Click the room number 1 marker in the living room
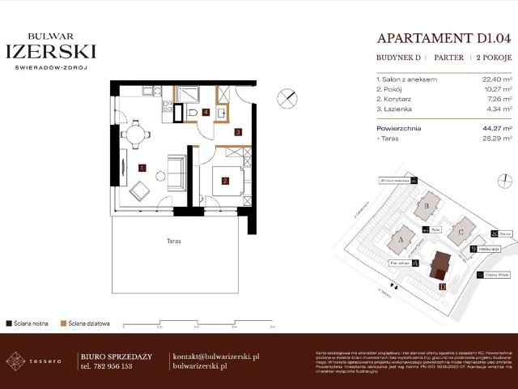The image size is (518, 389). (x=142, y=168)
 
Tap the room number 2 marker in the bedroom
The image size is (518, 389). (x=226, y=181)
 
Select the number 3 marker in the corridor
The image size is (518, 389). (x=238, y=130)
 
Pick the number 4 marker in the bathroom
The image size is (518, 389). (x=207, y=112)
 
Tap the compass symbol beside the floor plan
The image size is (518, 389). (x=286, y=98)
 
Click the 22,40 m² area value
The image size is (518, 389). (x=497, y=79)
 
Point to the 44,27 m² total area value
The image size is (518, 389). (x=497, y=128)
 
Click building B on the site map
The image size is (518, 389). (x=427, y=206)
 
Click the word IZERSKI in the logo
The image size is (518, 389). (x=50, y=51)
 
